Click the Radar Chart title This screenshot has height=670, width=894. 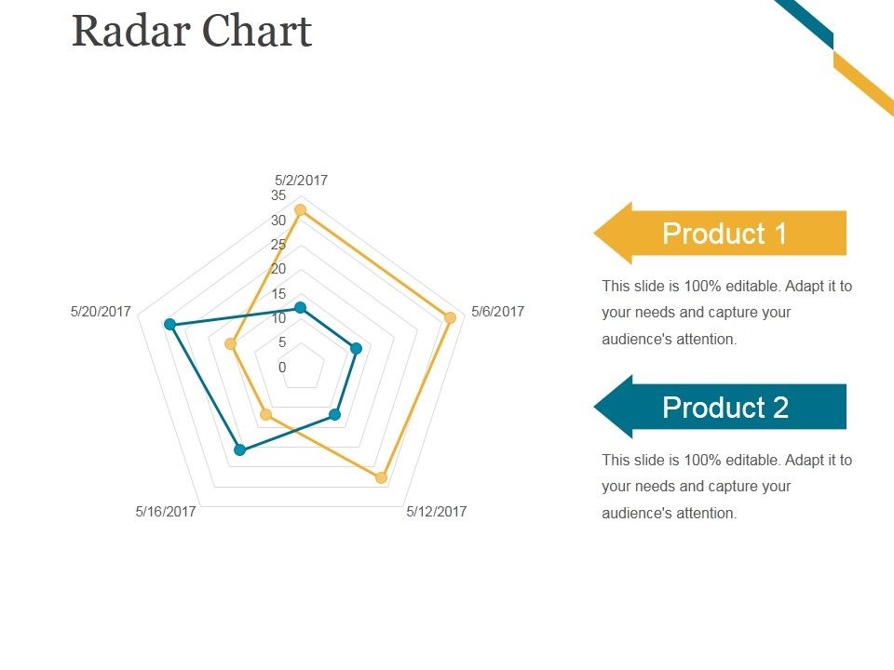[191, 31]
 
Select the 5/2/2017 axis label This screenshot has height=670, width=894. [301, 181]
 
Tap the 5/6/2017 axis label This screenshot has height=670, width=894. [497, 312]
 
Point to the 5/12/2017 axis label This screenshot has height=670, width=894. [436, 511]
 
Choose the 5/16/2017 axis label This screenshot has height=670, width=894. [166, 511]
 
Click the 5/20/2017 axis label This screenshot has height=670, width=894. [101, 312]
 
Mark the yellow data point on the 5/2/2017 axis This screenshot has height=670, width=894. [300, 210]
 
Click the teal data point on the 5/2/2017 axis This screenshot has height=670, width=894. [300, 307]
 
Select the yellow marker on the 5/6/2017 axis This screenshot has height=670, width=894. [451, 318]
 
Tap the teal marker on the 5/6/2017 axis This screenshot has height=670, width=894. [356, 349]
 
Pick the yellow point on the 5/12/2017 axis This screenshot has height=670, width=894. [381, 477]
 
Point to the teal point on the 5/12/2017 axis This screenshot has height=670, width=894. [335, 414]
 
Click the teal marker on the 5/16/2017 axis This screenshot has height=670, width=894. [239, 450]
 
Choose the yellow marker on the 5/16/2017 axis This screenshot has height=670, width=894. [265, 414]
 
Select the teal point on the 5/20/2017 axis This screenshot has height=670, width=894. [169, 324]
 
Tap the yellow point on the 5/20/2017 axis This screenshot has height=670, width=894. [231, 344]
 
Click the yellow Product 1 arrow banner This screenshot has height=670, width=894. [722, 233]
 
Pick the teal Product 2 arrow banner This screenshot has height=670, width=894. [722, 407]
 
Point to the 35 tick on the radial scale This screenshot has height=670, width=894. [278, 195]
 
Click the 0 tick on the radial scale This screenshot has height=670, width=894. [282, 367]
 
